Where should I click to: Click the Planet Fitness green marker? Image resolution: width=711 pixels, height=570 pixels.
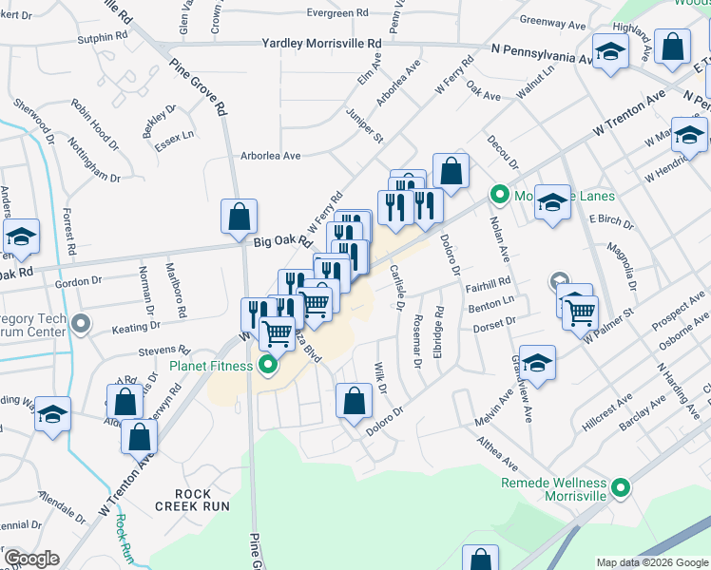click(269, 365)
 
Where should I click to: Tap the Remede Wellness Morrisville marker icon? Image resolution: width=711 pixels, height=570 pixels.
click(622, 489)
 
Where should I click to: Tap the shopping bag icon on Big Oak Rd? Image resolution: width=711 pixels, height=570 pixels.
click(240, 216)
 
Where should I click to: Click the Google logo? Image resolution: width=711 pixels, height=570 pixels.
click(31, 559)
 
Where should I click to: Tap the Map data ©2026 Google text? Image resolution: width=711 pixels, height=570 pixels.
click(652, 562)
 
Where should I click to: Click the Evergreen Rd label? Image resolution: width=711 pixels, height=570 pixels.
click(337, 13)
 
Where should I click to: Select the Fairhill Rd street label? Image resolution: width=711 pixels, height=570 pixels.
click(489, 282)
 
